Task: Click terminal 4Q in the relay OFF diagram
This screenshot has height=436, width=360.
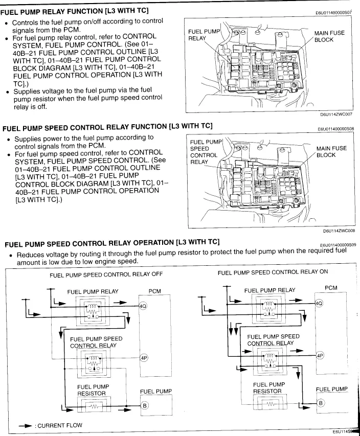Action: point(143,307)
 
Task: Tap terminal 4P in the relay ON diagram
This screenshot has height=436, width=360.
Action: point(320,355)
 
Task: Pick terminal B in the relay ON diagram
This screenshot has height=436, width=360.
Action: point(321,403)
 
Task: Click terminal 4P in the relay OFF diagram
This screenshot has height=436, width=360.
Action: point(143,358)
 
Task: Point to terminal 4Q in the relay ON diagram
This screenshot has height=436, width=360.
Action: point(319,303)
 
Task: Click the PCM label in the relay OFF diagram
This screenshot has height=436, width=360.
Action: point(154,291)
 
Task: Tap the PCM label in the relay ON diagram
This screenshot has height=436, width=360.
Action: point(331,288)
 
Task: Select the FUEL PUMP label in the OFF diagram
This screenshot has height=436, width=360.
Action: point(155,391)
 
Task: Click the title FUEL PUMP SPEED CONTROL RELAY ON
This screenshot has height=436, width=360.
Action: point(273,272)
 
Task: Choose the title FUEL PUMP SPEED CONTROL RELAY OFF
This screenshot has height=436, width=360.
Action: point(106,274)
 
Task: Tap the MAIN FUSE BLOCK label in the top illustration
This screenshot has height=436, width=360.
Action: point(329,36)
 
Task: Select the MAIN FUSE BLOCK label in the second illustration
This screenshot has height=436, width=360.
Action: point(331,152)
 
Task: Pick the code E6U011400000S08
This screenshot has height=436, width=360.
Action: point(335,130)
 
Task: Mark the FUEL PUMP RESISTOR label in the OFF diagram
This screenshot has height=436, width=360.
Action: point(92,390)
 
